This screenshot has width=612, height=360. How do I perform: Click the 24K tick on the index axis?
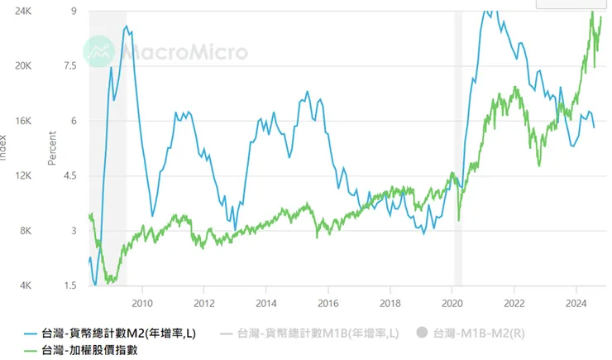click(x=23, y=11)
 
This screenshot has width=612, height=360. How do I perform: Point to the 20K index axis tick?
click(x=23, y=65)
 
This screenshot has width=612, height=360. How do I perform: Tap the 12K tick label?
click(x=23, y=175)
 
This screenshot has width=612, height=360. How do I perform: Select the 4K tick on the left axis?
click(x=26, y=286)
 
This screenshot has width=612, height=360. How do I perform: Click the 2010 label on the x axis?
click(x=142, y=302)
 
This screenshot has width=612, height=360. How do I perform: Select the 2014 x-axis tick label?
click(x=266, y=302)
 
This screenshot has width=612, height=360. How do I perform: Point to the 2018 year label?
click(x=390, y=302)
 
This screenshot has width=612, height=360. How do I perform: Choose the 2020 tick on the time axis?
click(x=452, y=302)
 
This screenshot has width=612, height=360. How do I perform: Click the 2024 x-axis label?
click(x=576, y=302)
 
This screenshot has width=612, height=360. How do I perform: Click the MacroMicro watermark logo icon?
click(x=99, y=51)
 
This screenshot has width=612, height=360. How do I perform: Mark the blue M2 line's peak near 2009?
click(x=126, y=26)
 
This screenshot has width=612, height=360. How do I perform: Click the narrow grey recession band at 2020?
click(x=457, y=149)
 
